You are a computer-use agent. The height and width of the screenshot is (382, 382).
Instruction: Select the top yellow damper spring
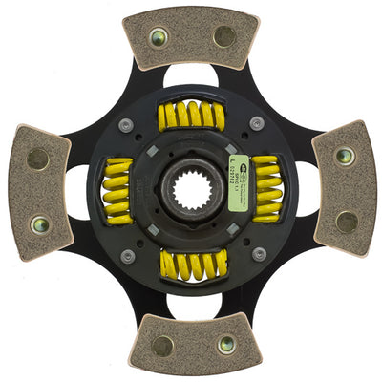(x=191, y=117)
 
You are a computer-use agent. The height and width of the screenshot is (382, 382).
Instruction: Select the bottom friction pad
(x=195, y=344)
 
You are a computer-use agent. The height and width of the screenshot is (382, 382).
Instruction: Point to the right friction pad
(x=345, y=188)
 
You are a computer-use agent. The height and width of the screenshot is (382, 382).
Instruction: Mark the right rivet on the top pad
(x=225, y=37)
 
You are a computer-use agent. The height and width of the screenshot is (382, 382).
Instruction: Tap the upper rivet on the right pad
(x=345, y=155)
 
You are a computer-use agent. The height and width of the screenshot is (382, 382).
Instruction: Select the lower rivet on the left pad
(x=38, y=225)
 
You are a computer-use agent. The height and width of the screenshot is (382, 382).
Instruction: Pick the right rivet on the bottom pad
(x=227, y=345)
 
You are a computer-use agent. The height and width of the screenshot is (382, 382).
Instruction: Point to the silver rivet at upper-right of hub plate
(x=257, y=123)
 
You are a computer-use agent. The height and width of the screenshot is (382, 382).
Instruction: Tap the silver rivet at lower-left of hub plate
(x=126, y=255)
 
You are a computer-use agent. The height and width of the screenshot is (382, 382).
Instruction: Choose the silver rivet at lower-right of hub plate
(x=258, y=254)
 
